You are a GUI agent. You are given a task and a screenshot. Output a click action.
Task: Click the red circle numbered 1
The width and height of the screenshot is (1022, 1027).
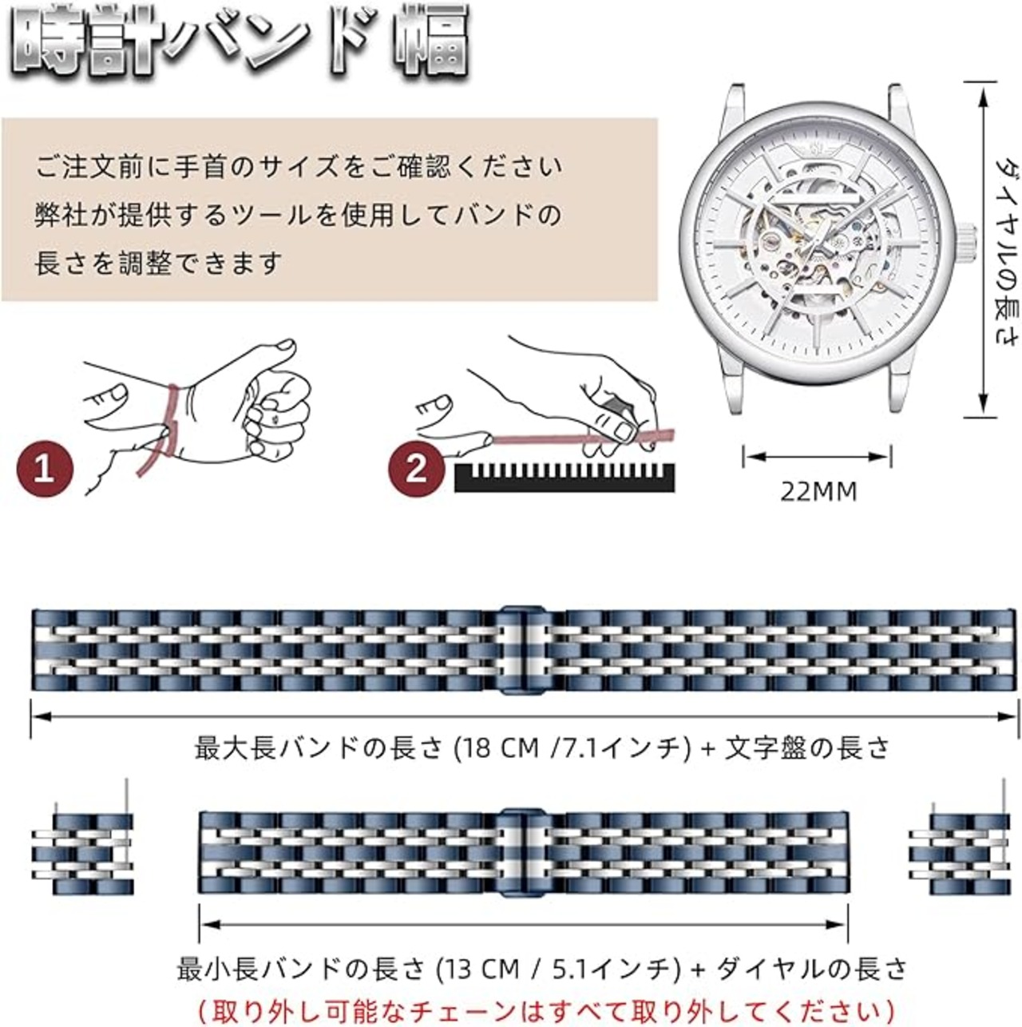click(x=45, y=467)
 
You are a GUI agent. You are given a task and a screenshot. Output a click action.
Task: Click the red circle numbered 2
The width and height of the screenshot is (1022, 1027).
click(x=417, y=468)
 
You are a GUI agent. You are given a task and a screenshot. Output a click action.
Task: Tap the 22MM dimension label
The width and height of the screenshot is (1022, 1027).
click(x=818, y=491)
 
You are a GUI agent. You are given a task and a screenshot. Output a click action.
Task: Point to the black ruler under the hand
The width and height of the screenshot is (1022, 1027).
click(x=564, y=477)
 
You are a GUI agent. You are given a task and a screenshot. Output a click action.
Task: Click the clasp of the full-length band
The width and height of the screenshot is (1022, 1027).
click(x=524, y=650)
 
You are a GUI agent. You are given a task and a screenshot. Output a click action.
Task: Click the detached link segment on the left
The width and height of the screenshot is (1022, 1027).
click(x=82, y=853)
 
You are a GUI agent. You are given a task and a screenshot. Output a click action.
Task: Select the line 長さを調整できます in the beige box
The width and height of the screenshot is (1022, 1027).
click(x=158, y=263)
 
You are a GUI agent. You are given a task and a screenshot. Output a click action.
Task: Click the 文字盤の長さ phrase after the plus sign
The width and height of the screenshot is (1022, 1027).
click(x=806, y=748)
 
